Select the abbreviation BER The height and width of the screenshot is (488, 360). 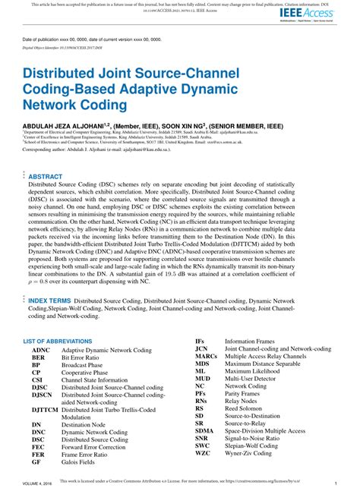39,358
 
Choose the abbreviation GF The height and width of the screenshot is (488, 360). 36,461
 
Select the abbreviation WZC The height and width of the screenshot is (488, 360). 202,453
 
